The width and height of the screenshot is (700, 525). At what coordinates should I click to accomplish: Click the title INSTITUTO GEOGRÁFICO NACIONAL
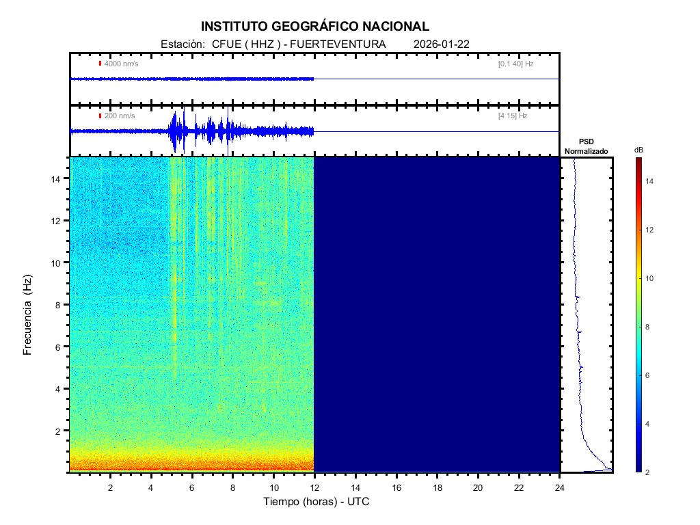pos(315,27)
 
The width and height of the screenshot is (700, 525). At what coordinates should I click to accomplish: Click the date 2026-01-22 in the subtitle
pos(441,44)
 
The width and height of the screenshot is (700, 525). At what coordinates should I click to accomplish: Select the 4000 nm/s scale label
pos(121,64)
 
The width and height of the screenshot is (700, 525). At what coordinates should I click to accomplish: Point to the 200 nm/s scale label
pos(119,116)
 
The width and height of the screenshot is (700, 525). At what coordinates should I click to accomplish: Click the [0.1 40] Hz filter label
pos(515,64)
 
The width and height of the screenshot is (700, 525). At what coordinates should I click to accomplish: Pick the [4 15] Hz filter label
pos(513,116)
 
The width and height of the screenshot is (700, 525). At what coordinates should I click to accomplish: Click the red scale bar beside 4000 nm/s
pos(100,64)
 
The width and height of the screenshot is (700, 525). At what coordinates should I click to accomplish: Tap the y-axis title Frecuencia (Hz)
pos(28,315)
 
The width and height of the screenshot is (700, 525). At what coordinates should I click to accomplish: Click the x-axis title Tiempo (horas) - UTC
pos(317,502)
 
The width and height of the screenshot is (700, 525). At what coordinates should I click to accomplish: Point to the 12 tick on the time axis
pos(314,487)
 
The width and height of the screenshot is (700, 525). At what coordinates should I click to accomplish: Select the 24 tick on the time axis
pos(560,487)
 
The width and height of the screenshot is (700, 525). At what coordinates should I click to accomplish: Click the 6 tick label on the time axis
pos(192,487)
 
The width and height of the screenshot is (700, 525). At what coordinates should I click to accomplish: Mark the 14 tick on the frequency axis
pos(58,178)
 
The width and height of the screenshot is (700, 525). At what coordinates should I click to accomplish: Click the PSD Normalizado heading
pos(586,146)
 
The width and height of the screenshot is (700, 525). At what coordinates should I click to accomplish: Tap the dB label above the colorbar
pos(638,150)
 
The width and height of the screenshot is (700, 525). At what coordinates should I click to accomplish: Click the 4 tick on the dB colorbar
pos(649,425)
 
